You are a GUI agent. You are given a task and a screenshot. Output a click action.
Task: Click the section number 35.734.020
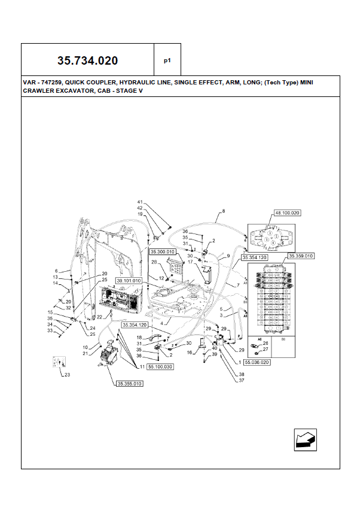coord(87,60)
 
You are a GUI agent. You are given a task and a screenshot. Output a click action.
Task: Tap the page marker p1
coord(167,60)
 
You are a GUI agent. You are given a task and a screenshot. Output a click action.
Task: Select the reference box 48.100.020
coord(288,212)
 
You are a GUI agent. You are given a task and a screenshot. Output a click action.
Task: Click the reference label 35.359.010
coord(301,256)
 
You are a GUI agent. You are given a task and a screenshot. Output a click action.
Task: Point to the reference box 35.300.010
coord(161,252)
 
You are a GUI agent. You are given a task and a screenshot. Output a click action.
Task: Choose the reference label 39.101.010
coord(129,280)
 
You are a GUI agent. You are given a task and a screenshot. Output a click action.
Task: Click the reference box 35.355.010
coord(130,384)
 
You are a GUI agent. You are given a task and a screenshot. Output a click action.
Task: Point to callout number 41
coord(140,202)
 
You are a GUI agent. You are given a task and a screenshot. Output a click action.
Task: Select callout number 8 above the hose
coord(223,211)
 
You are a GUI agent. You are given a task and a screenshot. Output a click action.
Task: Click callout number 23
coord(67,375)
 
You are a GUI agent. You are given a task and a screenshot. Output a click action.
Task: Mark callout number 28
coord(154,262)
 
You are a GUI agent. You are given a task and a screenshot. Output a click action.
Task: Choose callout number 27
coord(266,349)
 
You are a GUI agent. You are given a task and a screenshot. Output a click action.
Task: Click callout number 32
coord(69,308)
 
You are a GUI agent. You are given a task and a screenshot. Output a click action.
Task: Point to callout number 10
coord(85,347)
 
